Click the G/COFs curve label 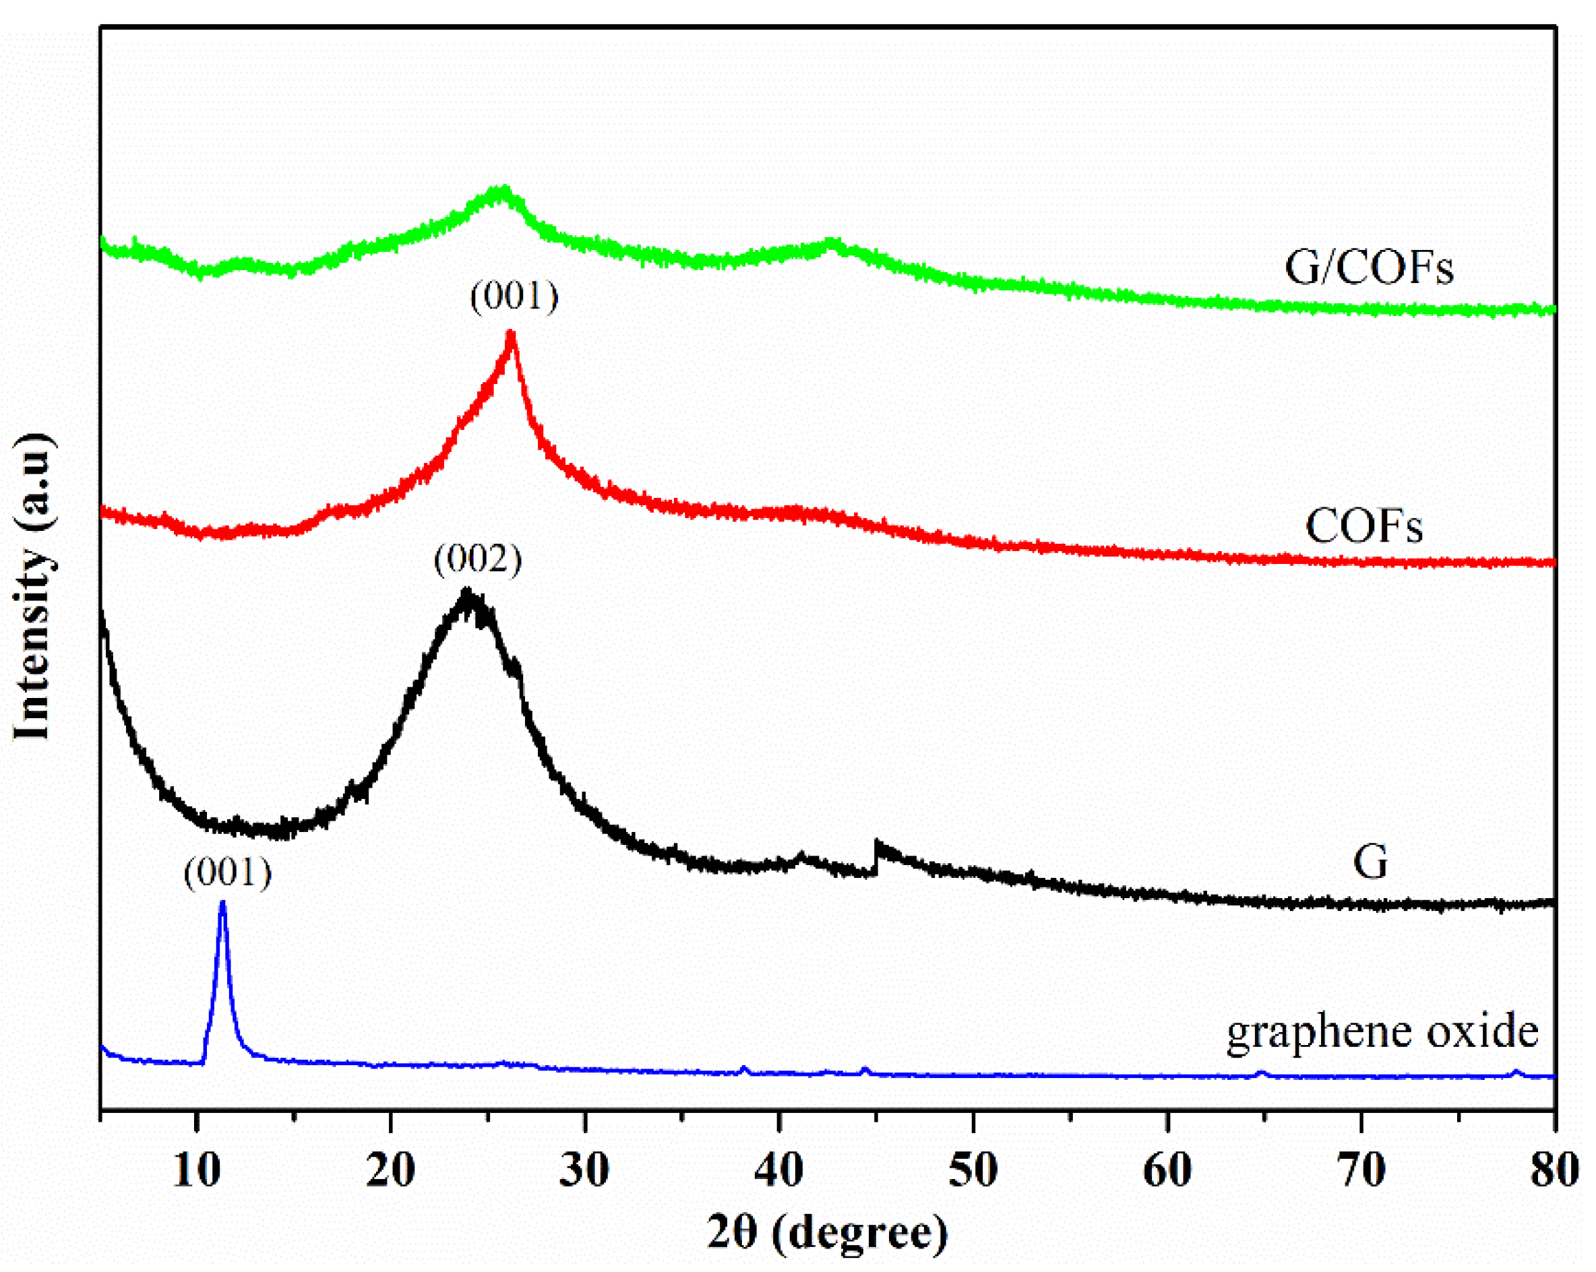coord(1369,268)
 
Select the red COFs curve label coord(1363,527)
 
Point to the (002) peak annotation coord(477,559)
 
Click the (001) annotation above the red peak coord(514,296)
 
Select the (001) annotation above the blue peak coord(228,873)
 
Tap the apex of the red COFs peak coord(510,334)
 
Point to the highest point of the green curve coord(503,189)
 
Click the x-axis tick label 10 coord(196,1171)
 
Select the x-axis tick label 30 coord(585,1171)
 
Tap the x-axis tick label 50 coord(973,1171)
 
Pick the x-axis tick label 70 coord(1361,1171)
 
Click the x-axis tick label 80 coord(1554,1171)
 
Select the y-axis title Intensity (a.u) coord(33,585)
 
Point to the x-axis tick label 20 coord(390,1171)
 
